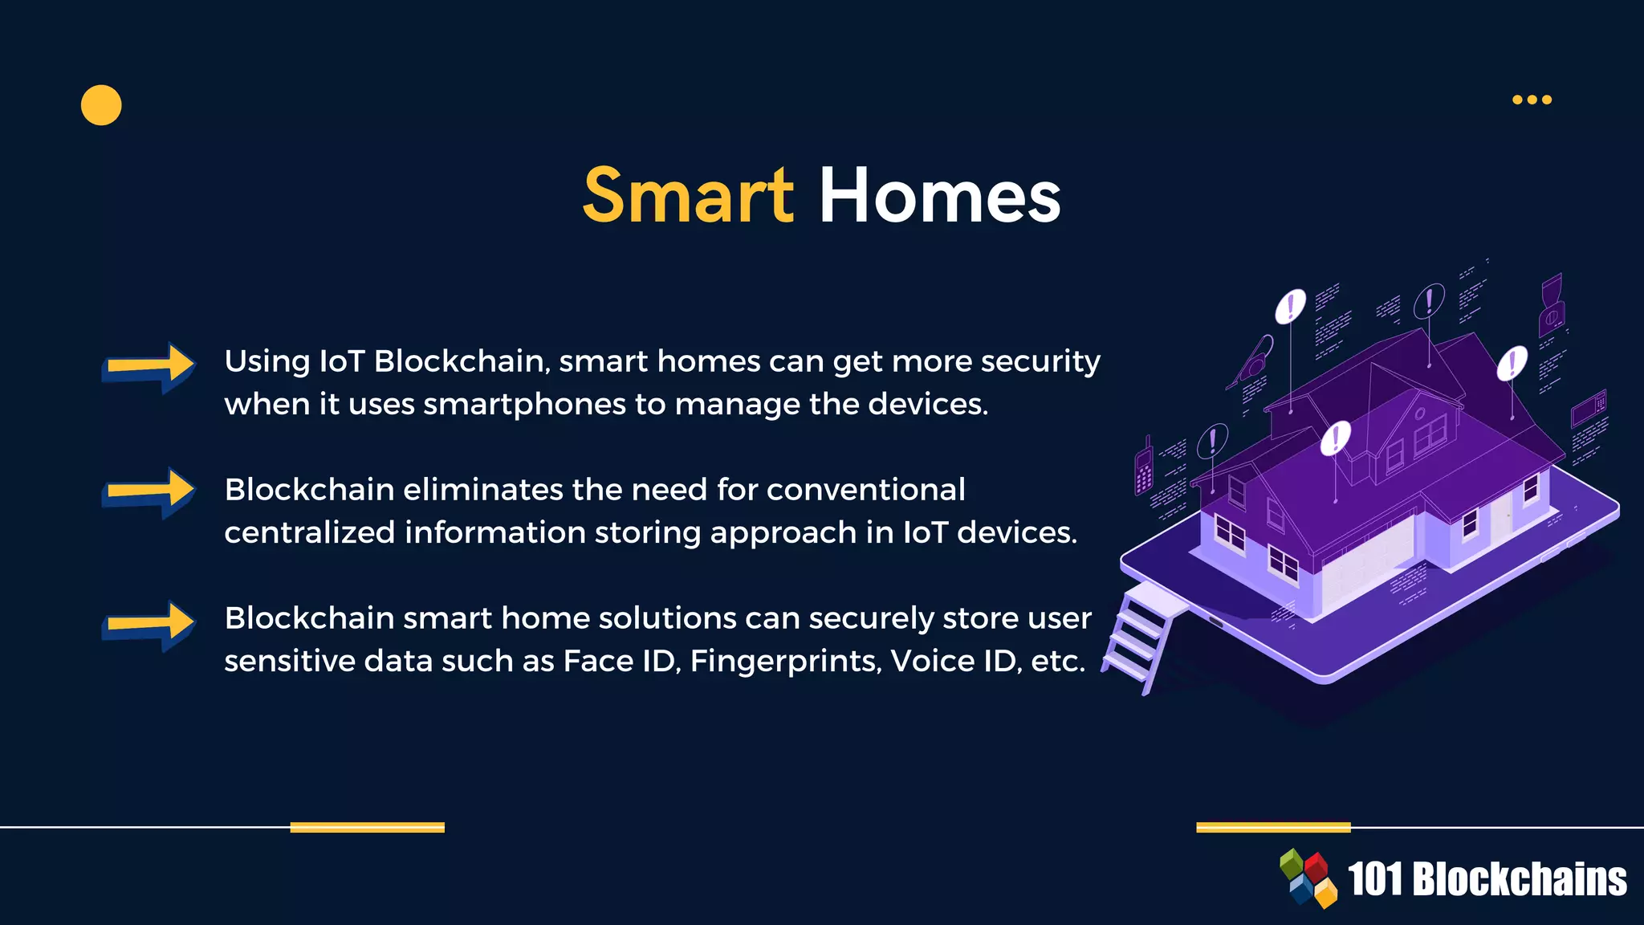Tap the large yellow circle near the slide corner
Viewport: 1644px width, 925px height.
(101, 105)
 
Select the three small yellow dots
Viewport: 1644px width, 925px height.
(1532, 100)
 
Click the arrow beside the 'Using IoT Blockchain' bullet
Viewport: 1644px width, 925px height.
(149, 367)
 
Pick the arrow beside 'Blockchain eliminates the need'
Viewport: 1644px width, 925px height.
(149, 491)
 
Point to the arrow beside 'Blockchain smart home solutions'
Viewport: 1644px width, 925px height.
(149, 625)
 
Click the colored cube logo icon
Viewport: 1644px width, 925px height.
(1308, 878)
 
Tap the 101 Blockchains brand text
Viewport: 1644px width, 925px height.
(1487, 879)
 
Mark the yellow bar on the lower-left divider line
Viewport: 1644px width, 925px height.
(367, 827)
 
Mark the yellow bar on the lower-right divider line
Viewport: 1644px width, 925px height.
(1273, 827)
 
